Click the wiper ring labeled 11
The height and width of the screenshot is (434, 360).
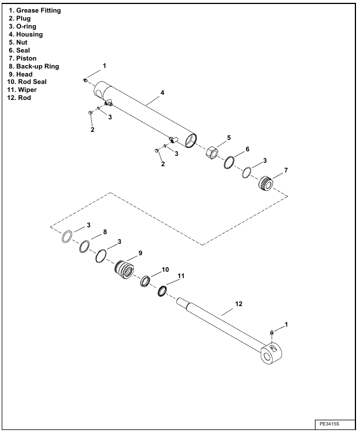[162, 291]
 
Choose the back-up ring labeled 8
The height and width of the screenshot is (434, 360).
[84, 247]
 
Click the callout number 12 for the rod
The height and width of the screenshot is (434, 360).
[239, 304]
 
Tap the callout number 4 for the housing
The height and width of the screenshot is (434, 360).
[162, 93]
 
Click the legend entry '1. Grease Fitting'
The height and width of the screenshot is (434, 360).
[35, 11]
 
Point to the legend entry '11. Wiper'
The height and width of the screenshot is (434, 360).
[23, 90]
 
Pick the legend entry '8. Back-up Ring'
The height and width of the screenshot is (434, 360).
[34, 66]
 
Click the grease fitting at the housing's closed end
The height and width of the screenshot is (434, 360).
[85, 81]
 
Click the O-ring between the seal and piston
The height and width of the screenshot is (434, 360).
[247, 172]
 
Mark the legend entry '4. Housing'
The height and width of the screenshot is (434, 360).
[26, 35]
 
